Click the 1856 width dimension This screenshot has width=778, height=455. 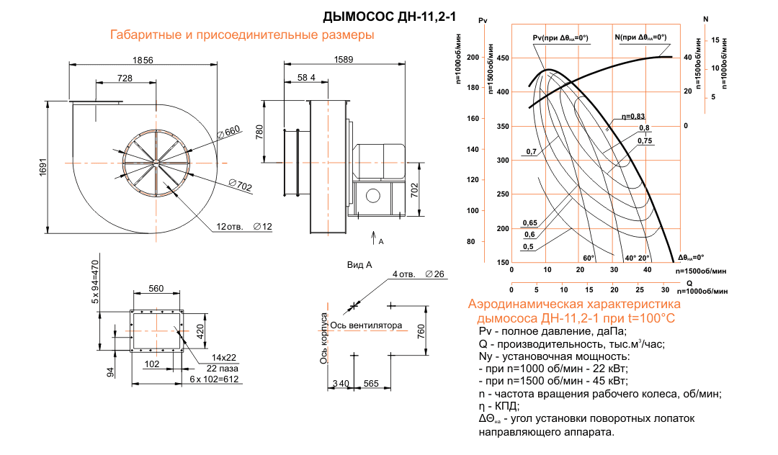click(x=143, y=60)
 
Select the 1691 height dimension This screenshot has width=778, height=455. click(x=43, y=168)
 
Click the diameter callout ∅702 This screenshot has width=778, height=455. click(x=241, y=186)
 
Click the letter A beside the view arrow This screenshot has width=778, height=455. click(x=381, y=242)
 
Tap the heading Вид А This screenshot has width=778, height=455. click(x=359, y=265)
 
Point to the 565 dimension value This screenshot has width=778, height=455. click(x=371, y=383)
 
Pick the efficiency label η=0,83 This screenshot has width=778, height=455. click(x=633, y=117)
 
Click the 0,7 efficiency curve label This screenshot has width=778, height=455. click(x=532, y=152)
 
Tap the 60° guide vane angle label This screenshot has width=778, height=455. click(x=589, y=257)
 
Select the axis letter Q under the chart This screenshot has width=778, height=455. click(x=689, y=283)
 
